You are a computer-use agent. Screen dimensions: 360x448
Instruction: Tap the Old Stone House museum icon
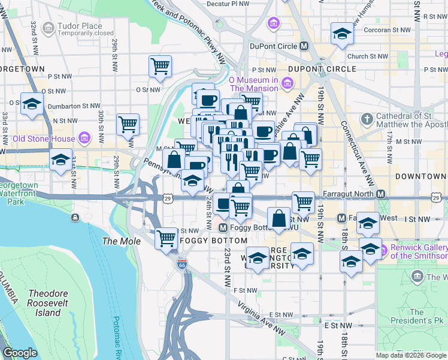pos(84,139)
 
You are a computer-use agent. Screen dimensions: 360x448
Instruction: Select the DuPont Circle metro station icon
pos(304,46)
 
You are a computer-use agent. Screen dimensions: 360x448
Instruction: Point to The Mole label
pos(122,241)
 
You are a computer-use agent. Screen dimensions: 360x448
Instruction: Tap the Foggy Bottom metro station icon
pos(223,227)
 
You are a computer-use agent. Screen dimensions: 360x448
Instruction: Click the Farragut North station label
pos(349,194)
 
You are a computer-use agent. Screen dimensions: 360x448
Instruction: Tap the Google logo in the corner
pos(20,353)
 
